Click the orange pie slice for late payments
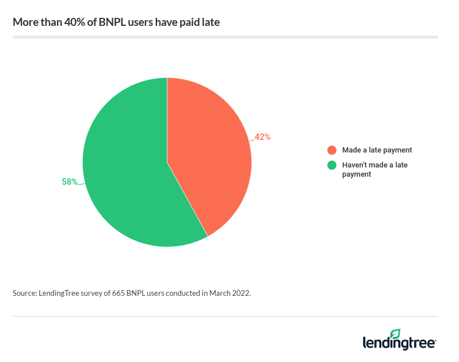coord(210,155)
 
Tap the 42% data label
coord(263,137)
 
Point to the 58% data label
coord(70,182)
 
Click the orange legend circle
coord(332,150)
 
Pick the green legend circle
coord(332,165)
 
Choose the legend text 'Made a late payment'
coord(377,150)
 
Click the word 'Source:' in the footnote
coord(24,293)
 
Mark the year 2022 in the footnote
coord(241,293)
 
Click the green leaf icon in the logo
coord(395,334)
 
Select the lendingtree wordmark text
coord(399,344)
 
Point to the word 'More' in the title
coord(24,23)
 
